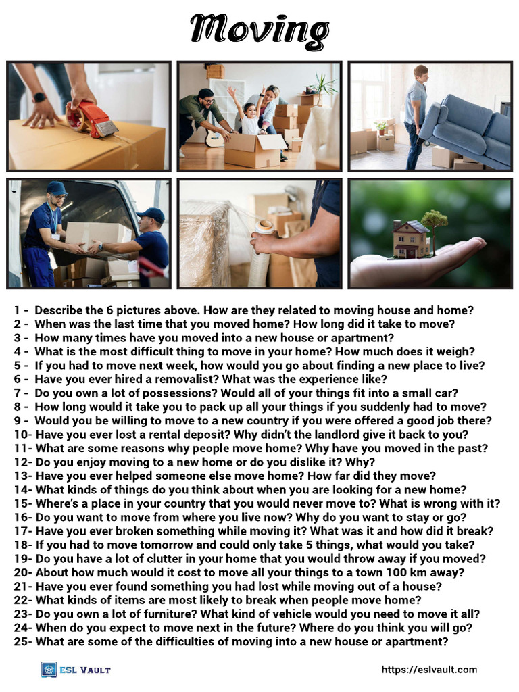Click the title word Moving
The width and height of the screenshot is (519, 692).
pos(259,30)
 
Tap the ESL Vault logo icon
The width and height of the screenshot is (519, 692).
pos(49,670)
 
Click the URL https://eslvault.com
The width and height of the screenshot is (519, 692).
pos(429,670)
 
